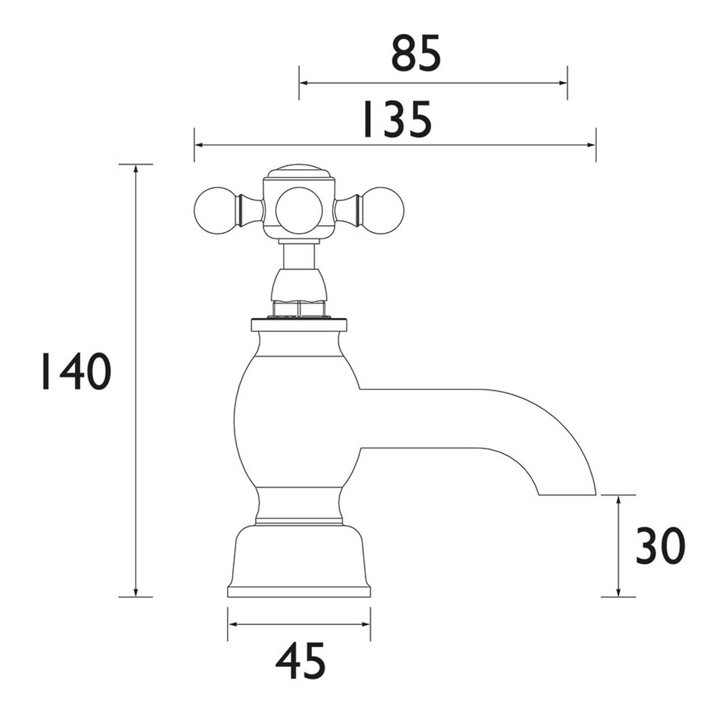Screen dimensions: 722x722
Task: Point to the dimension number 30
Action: coord(660,546)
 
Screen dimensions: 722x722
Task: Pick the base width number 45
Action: coord(300,661)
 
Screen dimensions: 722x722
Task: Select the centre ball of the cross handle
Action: coord(298,208)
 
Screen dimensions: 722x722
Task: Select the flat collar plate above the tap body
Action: coord(298,326)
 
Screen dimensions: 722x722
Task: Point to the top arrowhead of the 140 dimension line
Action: coord(136,168)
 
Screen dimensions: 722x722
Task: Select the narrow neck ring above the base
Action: coord(298,519)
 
